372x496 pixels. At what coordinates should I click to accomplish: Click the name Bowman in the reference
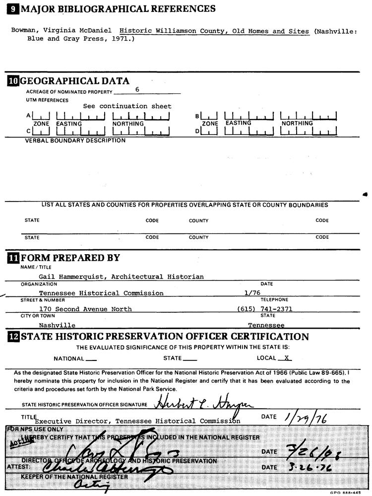click(24, 31)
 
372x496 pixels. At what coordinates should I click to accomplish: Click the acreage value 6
click(137, 90)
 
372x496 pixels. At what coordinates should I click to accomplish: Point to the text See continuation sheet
click(127, 106)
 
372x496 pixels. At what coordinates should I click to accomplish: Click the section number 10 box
click(12, 81)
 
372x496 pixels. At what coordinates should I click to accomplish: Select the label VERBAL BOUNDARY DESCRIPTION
click(75, 141)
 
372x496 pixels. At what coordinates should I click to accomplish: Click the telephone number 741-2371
click(276, 309)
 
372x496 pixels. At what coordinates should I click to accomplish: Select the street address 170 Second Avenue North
click(85, 309)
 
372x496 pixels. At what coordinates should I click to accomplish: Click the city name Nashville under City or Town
click(57, 325)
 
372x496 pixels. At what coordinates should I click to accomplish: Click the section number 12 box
click(13, 337)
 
